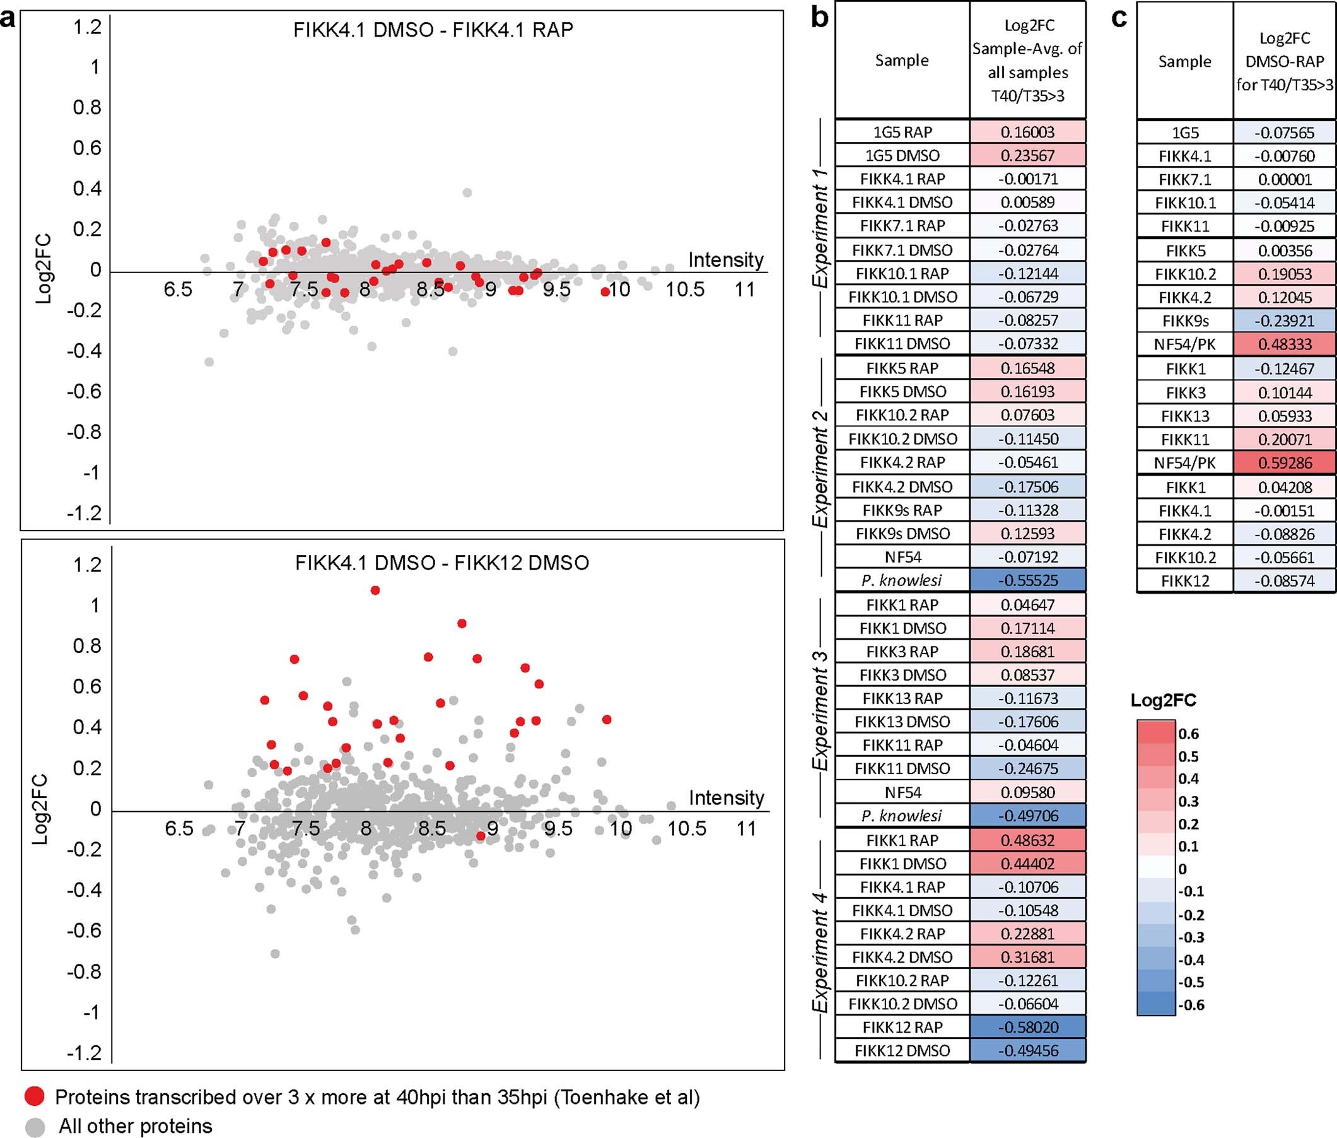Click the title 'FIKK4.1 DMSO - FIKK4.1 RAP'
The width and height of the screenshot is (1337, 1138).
[433, 30]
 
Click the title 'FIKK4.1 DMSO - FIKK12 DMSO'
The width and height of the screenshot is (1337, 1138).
[442, 563]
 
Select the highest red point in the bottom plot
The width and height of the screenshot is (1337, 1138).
[375, 590]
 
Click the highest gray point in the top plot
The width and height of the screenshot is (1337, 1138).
[467, 192]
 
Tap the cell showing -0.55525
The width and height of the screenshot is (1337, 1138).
[1028, 580]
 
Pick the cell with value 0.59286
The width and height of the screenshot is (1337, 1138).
[1285, 463]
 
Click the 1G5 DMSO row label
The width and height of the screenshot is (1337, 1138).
[902, 155]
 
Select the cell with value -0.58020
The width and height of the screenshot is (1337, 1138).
[1028, 1027]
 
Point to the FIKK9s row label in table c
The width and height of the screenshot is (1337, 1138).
[1185, 320]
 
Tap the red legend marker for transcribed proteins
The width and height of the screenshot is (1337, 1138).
[34, 1096]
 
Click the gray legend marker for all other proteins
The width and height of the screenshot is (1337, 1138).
[34, 1127]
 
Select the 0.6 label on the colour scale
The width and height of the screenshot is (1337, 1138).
[1188, 734]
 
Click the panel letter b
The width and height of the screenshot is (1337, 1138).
[819, 18]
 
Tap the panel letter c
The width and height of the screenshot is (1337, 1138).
[1119, 18]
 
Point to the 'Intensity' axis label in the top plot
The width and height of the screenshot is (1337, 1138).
[726, 260]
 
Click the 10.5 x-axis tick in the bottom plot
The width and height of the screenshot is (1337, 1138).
[686, 828]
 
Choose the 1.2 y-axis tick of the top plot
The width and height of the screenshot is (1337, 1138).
[88, 27]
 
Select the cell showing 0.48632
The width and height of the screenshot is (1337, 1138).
[1028, 840]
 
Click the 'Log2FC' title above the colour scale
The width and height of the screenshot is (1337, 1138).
[1164, 700]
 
